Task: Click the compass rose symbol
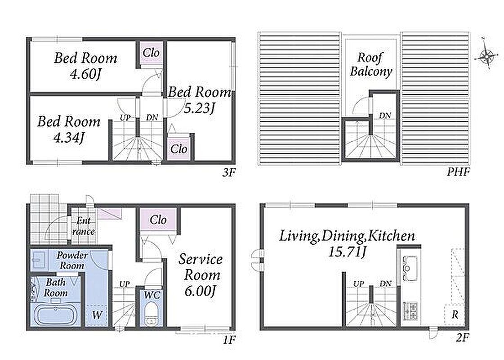[487, 56]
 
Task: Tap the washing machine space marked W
[96, 315]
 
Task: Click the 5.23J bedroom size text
[199, 108]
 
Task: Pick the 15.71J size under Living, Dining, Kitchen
[347, 252]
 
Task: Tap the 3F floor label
[229, 173]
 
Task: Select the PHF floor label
[458, 172]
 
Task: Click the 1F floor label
[229, 340]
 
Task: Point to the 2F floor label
[463, 338]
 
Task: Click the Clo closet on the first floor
[158, 220]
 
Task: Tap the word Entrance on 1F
[83, 226]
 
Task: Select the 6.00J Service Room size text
[200, 291]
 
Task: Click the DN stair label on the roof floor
[385, 115]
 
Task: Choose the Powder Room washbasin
[39, 260]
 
